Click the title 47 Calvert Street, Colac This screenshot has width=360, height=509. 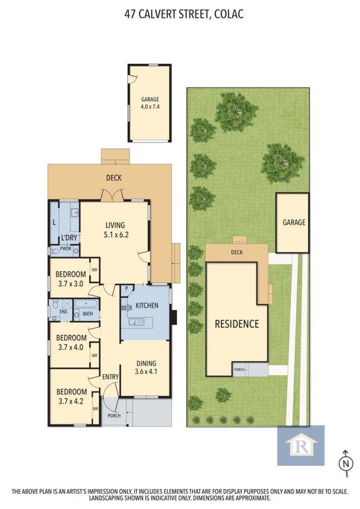point(184,14)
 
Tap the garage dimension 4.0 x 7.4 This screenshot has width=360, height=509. point(150,106)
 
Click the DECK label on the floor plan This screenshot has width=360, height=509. point(114,177)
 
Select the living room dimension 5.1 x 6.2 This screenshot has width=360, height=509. point(116,235)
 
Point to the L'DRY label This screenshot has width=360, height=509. point(69,238)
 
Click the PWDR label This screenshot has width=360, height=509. point(66,249)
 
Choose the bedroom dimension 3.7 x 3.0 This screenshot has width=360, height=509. point(71,284)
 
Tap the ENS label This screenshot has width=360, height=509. point(64,312)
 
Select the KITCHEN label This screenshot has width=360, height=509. point(147,306)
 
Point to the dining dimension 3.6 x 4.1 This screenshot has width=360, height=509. point(146,371)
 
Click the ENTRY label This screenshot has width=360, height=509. point(110,377)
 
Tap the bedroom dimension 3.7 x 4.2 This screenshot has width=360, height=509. point(71,401)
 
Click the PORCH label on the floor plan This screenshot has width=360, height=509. point(114,416)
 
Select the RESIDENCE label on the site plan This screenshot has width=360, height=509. point(237,324)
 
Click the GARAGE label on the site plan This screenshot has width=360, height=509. point(294,222)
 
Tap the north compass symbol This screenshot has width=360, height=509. point(346,464)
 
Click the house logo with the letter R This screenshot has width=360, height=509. point(301,445)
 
